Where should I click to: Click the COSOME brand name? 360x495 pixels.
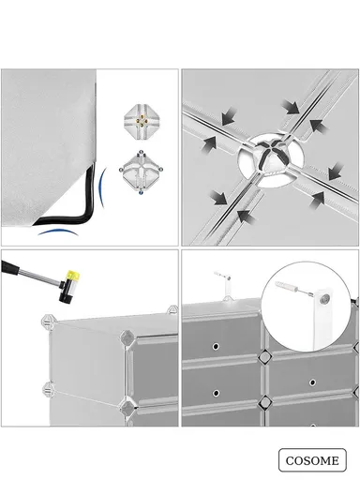click(x=311, y=460)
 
